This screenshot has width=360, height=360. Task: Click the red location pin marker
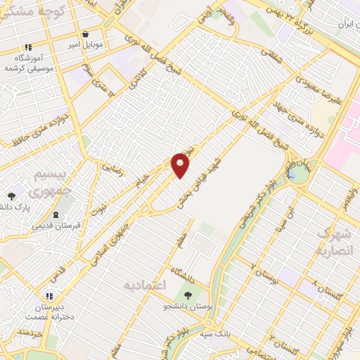tap(181, 165)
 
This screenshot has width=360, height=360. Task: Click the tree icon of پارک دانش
tap(11, 196)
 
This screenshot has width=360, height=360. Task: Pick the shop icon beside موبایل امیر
tap(85, 34)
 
